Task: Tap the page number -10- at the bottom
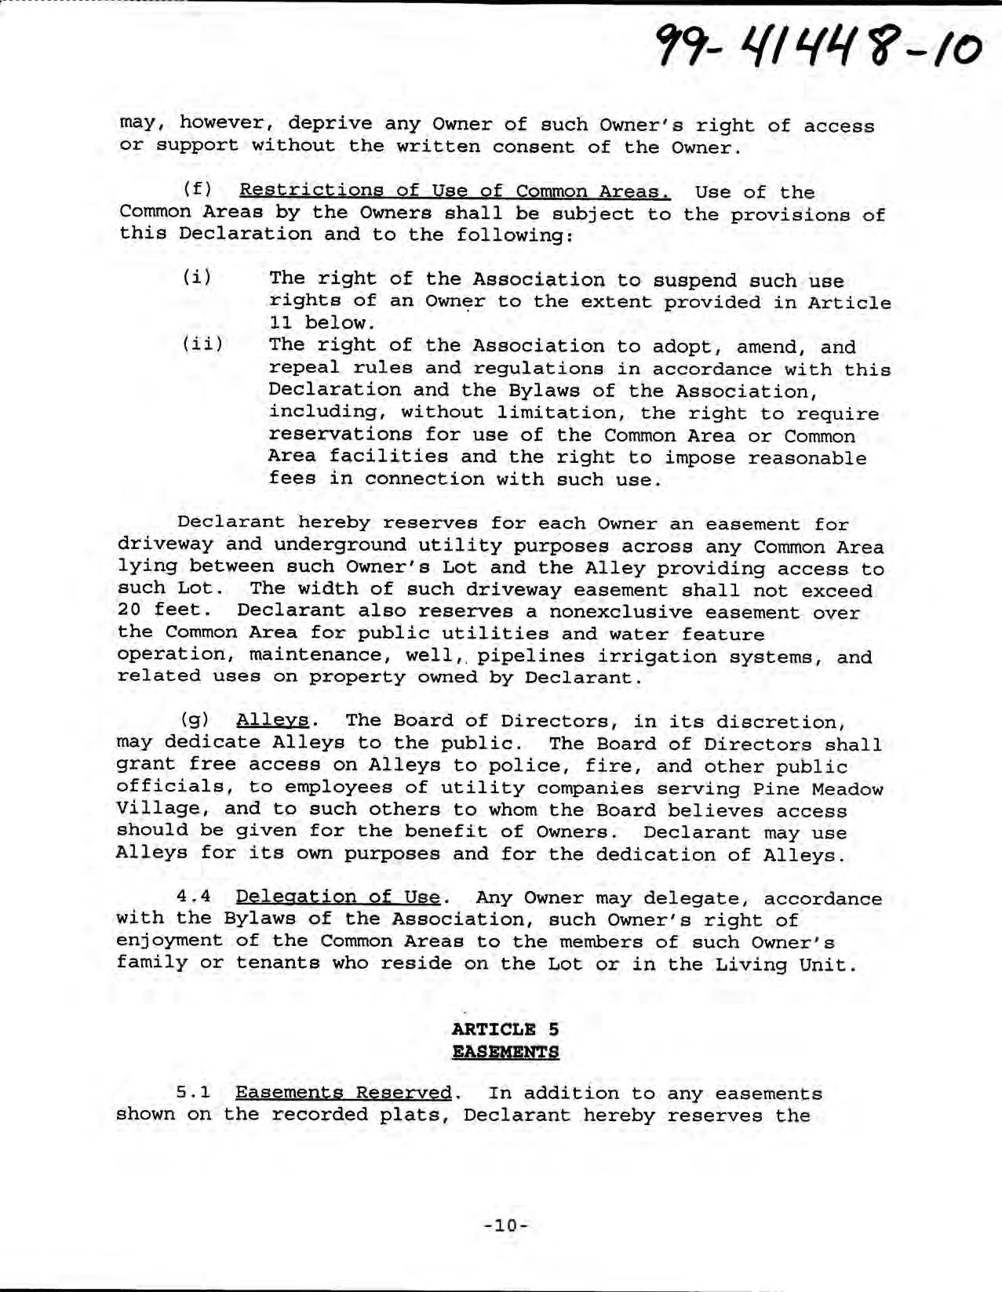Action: tap(505, 1224)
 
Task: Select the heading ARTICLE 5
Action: tap(505, 1029)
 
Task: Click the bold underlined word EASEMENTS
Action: tap(505, 1051)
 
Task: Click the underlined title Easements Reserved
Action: tap(344, 1093)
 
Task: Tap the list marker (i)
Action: tap(197, 278)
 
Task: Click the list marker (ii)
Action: tap(202, 344)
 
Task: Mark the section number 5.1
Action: tap(192, 1093)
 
